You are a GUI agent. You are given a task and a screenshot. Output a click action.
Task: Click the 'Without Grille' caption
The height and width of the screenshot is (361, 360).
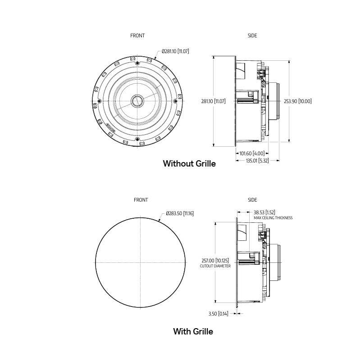tap(189, 164)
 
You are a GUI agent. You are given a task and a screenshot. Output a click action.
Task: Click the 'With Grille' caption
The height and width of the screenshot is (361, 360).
tap(193, 332)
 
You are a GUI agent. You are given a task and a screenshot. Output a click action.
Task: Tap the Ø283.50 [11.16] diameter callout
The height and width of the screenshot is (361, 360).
tap(180, 213)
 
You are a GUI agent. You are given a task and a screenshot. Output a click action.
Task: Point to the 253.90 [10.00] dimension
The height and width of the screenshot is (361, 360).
tap(297, 101)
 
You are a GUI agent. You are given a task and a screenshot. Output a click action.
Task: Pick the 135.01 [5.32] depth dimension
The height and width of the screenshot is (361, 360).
tap(257, 160)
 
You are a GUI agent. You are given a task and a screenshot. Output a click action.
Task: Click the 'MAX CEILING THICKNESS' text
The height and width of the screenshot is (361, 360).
tap(273, 218)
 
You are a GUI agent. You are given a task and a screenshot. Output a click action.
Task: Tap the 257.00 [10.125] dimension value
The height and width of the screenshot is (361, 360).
tap(215, 260)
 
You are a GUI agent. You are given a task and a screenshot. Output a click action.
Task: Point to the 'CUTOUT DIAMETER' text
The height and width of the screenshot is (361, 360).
tap(215, 266)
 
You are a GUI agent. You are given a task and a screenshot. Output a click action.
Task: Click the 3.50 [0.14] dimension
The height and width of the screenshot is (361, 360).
tap(218, 314)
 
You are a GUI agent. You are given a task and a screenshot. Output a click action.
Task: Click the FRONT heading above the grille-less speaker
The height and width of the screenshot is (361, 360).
tap(137, 36)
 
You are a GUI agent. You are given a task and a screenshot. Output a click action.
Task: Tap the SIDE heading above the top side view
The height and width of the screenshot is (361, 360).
tap(252, 36)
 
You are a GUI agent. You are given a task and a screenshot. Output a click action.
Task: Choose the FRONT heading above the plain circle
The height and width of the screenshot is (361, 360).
tap(141, 200)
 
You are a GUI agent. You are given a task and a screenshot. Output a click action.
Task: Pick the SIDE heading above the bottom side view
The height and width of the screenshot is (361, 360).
tap(252, 200)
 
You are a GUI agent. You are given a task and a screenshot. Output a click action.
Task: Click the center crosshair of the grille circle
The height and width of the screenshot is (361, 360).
tap(141, 262)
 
